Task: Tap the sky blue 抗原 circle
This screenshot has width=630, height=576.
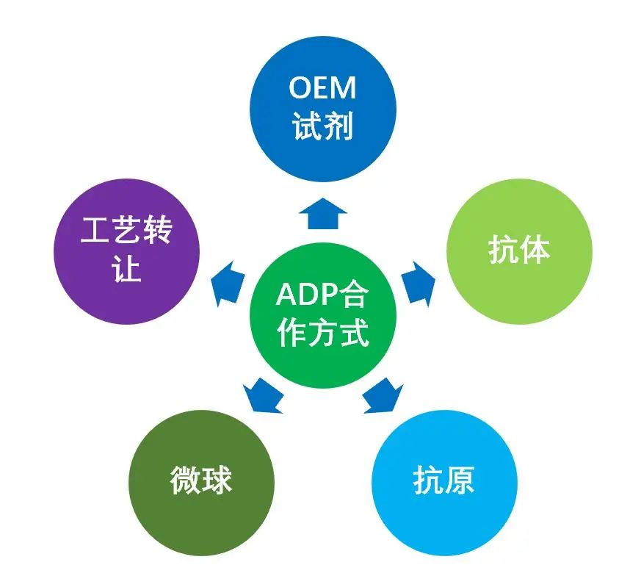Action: coord(443,481)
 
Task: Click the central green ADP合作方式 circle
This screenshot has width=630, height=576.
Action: coord(322,316)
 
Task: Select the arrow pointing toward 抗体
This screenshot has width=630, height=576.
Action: coord(419,281)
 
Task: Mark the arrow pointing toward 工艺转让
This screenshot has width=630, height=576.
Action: coord(227,281)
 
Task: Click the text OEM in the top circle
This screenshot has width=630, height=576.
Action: coord(323,88)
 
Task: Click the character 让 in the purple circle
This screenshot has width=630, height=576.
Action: coord(126,270)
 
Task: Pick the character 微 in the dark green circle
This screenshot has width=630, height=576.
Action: coord(184,481)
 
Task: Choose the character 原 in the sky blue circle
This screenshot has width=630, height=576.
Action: coord(461,481)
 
